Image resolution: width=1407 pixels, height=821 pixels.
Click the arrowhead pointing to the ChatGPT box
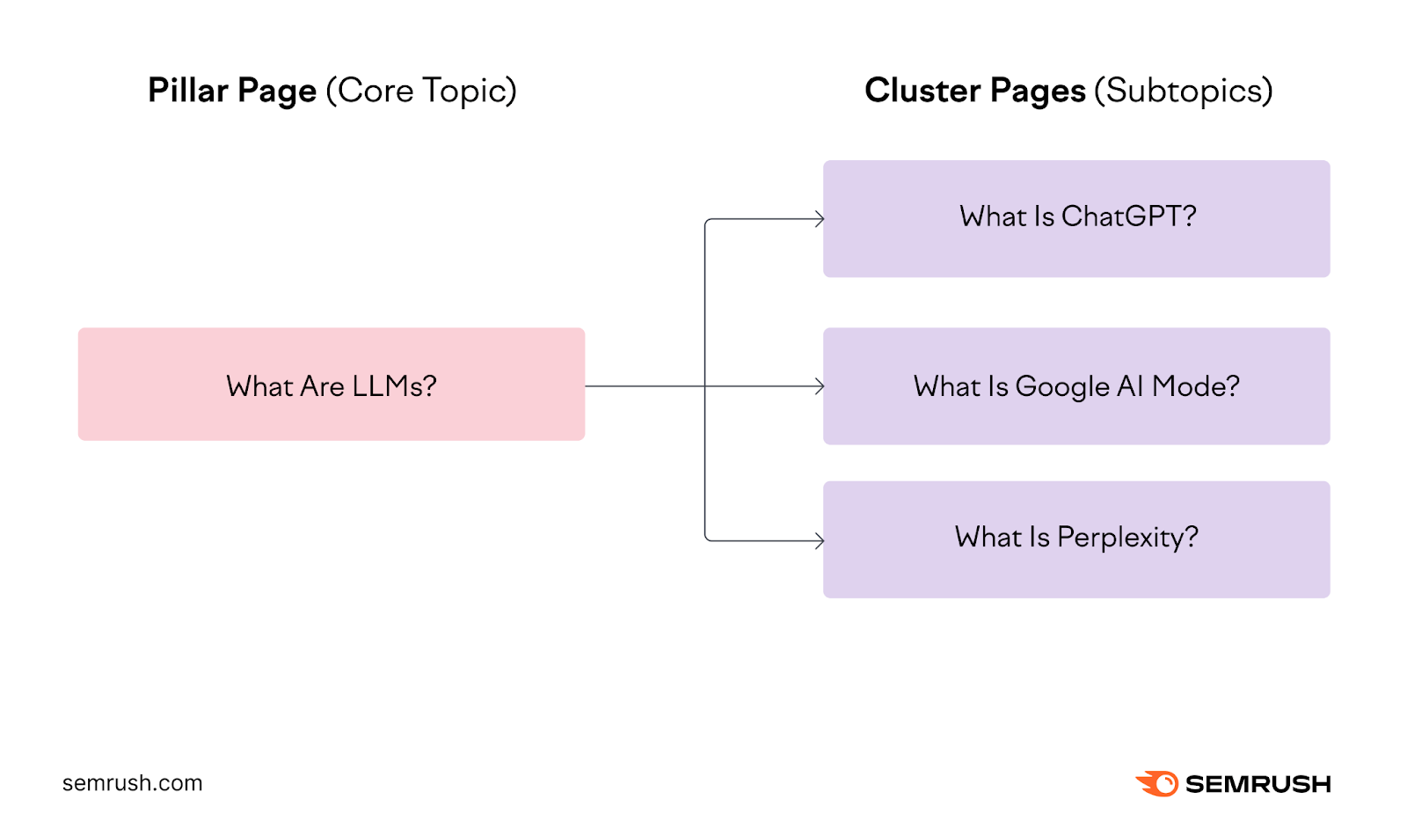[820, 219]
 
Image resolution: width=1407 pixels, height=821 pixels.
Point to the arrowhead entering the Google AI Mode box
[820, 386]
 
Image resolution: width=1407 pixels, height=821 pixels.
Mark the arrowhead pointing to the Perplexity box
[820, 540]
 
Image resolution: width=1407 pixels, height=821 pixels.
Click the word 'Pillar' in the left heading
[187, 91]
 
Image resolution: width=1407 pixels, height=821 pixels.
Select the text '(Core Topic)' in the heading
[421, 91]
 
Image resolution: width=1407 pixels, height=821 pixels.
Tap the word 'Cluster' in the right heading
[922, 91]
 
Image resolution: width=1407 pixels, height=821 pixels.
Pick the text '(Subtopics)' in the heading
[1184, 91]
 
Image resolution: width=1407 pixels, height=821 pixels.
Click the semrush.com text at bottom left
[132, 783]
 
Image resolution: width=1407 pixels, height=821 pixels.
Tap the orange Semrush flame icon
[1157, 783]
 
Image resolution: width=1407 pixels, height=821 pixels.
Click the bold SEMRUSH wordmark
[1258, 784]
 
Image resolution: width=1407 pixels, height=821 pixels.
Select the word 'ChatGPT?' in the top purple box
[1129, 216]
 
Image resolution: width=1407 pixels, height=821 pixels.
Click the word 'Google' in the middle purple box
[1062, 387]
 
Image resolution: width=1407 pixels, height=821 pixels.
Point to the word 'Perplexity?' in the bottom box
[1127, 538]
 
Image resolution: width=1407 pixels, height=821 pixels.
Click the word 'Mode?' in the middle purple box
[1196, 386]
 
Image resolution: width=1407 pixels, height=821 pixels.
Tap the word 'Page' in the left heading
[277, 92]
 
